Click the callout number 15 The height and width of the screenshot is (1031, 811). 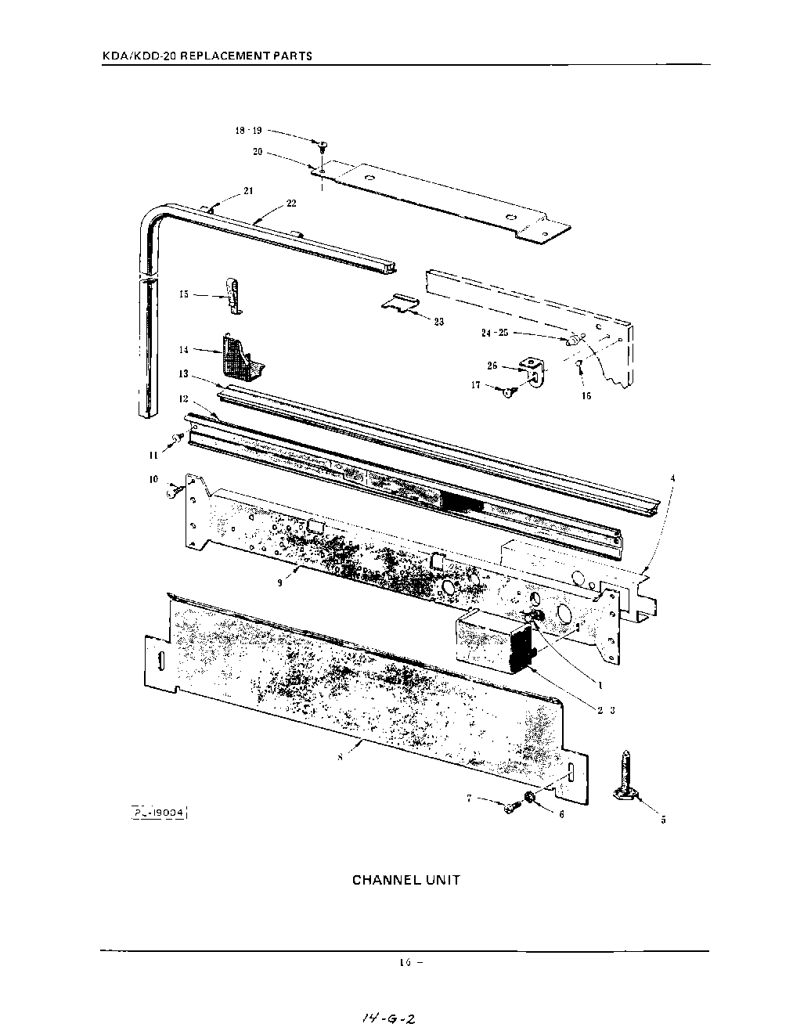(184, 294)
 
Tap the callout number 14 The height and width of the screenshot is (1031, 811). (184, 349)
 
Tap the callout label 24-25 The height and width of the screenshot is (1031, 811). (495, 333)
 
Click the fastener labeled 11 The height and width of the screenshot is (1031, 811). (178, 438)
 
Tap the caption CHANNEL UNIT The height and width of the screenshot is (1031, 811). (405, 880)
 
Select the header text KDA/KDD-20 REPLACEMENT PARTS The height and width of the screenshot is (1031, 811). (207, 56)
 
